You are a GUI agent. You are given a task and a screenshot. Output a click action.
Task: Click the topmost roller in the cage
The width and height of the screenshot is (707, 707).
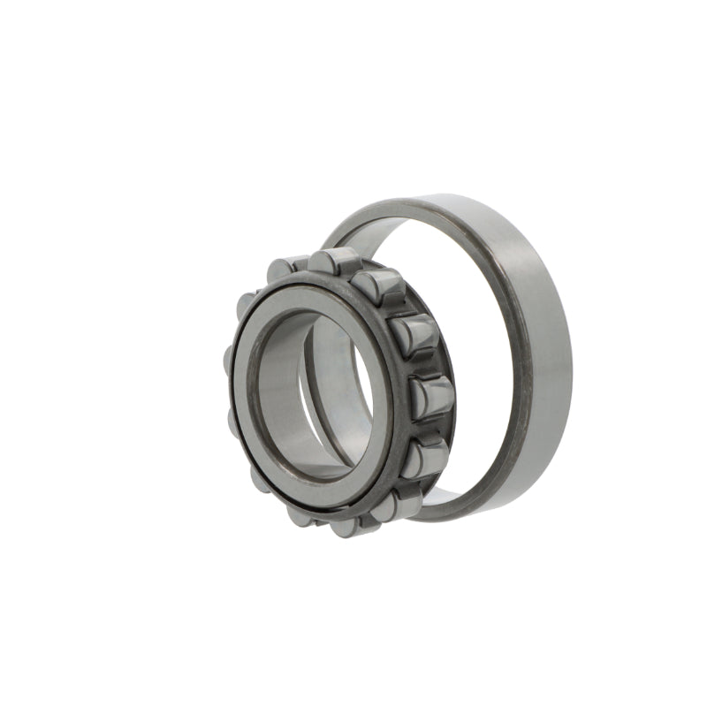332,262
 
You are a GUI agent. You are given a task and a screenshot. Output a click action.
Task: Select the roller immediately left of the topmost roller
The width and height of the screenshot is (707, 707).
288,267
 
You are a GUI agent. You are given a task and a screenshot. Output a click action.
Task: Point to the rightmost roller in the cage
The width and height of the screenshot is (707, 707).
432,396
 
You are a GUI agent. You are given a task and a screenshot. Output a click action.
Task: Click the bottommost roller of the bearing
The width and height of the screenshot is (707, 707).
346,527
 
